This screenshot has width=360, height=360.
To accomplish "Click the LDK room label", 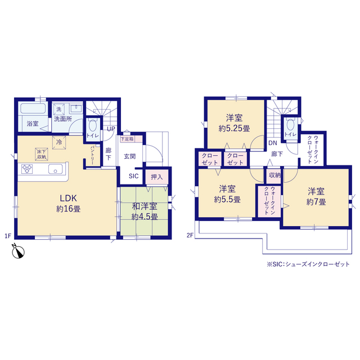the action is click(x=69, y=198).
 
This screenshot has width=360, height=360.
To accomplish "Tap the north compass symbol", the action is click(x=19, y=251).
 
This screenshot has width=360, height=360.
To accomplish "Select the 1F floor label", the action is click(x=8, y=236).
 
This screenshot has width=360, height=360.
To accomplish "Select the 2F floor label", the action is click(x=190, y=235).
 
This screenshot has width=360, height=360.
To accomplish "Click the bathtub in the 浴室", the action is click(x=33, y=109).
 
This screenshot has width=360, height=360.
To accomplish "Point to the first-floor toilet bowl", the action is click(x=93, y=125).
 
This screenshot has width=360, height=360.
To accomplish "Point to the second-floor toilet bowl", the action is click(x=290, y=125).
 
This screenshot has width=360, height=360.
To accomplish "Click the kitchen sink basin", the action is click(x=55, y=169).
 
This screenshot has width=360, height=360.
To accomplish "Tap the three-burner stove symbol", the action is click(x=27, y=169).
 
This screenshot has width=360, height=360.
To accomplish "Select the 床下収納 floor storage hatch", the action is click(x=42, y=154).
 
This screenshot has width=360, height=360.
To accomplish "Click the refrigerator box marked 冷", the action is click(x=59, y=142).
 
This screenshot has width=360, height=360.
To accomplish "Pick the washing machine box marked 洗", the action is click(x=58, y=109).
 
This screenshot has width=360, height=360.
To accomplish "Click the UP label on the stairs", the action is click(x=111, y=129).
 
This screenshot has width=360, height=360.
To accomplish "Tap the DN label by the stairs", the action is click(x=273, y=143).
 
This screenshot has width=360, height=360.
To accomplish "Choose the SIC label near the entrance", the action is click(x=134, y=176).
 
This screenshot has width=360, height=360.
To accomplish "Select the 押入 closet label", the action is click(x=157, y=177).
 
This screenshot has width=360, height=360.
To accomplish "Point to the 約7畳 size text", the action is click(x=316, y=202).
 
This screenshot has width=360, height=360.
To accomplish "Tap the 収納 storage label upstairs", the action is click(x=275, y=175).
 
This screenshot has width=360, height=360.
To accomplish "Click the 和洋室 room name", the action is click(x=145, y=206).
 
